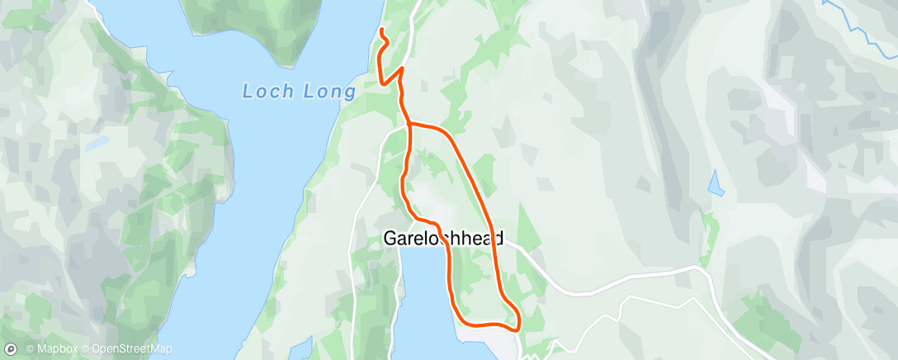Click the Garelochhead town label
point(443,239)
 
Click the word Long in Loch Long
point(324,91)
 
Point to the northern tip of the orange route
point(381,31)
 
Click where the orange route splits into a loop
point(409,124)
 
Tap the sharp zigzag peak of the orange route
point(402,69)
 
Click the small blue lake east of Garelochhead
point(716,182)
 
